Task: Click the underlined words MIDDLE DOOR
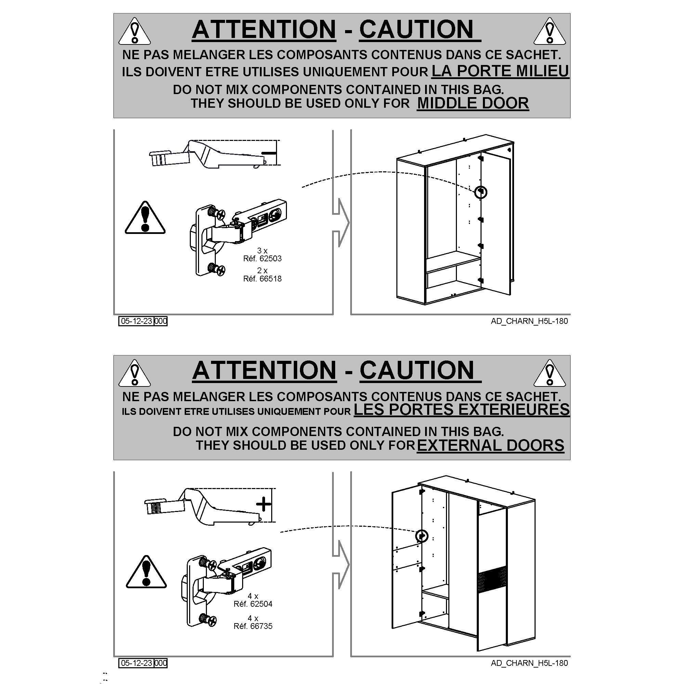(x=473, y=103)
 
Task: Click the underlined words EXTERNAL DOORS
(x=491, y=445)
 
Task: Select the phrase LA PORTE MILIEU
(x=500, y=71)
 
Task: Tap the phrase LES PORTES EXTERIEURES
(x=462, y=409)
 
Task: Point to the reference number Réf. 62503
(x=262, y=259)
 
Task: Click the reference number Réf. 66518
(x=262, y=279)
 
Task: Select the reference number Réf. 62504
(x=253, y=604)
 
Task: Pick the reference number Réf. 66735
(x=253, y=626)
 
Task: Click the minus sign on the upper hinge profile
(x=268, y=153)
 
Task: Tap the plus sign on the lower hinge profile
(x=263, y=504)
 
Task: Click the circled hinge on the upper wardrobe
(x=481, y=192)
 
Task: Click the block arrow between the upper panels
(x=341, y=223)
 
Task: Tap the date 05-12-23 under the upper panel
(x=136, y=321)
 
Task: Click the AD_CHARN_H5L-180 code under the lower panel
(x=529, y=663)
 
